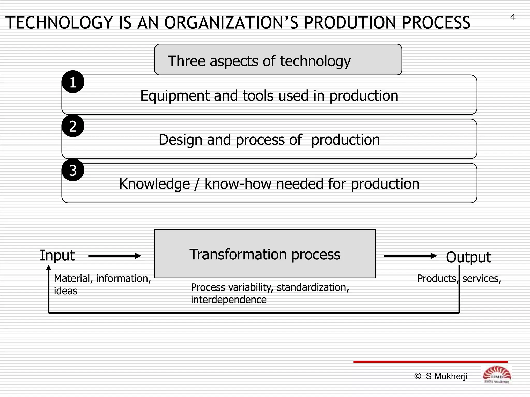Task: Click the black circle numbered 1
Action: pyautogui.click(x=73, y=82)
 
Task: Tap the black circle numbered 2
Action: pyautogui.click(x=73, y=126)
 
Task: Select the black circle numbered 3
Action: pyautogui.click(x=73, y=170)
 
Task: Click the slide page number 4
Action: pyautogui.click(x=513, y=17)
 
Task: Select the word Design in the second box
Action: pyautogui.click(x=180, y=140)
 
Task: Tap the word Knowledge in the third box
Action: pyautogui.click(x=154, y=184)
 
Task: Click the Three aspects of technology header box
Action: pyautogui.click(x=278, y=60)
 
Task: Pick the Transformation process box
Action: pyautogui.click(x=265, y=254)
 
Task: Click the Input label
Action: pyautogui.click(x=57, y=255)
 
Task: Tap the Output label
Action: pyautogui.click(x=468, y=257)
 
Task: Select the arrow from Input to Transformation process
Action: pyautogui.click(x=114, y=256)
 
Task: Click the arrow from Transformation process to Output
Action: pyautogui.click(x=410, y=256)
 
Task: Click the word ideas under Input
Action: pyautogui.click(x=65, y=291)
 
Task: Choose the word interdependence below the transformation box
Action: pyautogui.click(x=229, y=300)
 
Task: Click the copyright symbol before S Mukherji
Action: pyautogui.click(x=417, y=376)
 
